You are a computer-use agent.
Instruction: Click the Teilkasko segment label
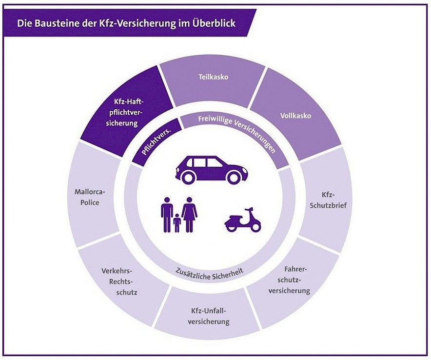[x=213, y=77]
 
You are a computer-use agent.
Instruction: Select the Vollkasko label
[x=295, y=116]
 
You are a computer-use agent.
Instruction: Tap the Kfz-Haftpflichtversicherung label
[x=123, y=112]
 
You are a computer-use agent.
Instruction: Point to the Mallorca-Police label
[x=90, y=197]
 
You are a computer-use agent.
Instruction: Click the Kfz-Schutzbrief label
[x=328, y=200]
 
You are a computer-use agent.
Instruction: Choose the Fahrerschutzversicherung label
[x=290, y=280]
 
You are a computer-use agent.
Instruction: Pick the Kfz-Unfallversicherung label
[x=209, y=316]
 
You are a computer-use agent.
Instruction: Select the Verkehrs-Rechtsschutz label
[x=119, y=281]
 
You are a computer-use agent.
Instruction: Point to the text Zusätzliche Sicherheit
[x=210, y=272]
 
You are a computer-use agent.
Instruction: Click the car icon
[x=211, y=169]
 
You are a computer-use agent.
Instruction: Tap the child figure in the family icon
[x=177, y=223]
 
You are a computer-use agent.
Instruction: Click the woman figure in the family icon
[x=189, y=214]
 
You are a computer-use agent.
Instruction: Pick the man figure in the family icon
[x=167, y=214]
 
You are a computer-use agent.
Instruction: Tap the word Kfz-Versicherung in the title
[x=134, y=23]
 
